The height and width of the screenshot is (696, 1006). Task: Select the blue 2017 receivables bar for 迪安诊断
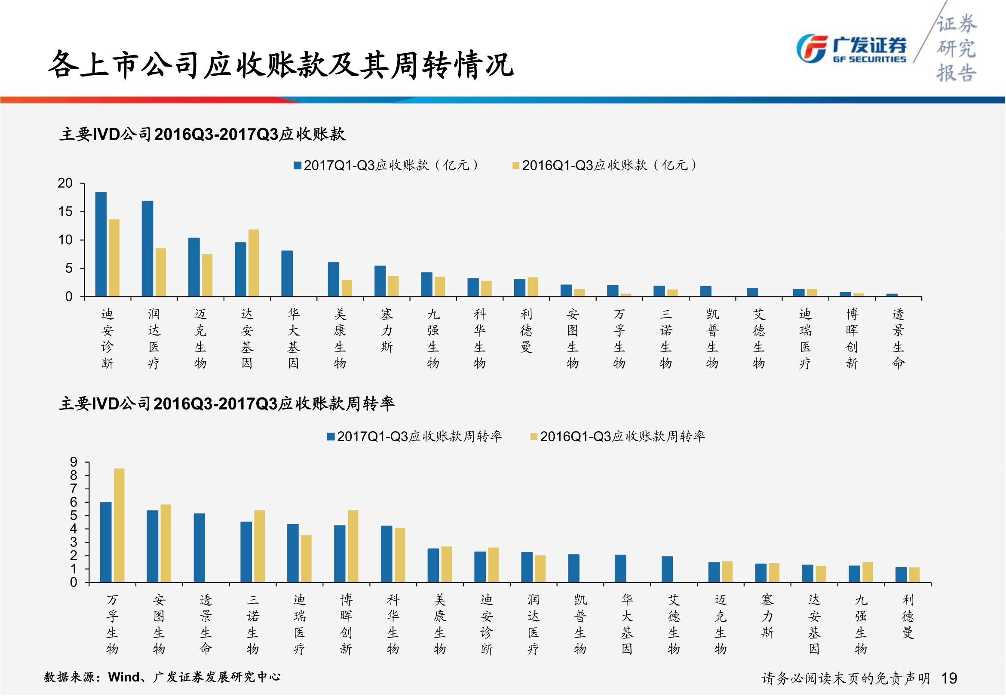pos(101,244)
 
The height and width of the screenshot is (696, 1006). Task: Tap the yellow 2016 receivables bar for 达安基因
pos(254,263)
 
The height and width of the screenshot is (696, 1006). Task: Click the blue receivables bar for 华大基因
pos(287,273)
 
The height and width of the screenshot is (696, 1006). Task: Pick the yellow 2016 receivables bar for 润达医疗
pos(160,272)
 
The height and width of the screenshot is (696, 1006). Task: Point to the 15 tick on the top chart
pos(65,212)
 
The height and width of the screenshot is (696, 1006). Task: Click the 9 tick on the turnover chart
pos(74,462)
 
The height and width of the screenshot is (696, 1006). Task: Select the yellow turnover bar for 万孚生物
pos(119,525)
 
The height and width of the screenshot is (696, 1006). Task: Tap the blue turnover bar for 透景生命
pos(199,548)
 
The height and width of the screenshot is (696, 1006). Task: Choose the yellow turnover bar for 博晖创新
pos(353,546)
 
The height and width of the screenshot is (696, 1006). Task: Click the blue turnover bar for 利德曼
pos(901,574)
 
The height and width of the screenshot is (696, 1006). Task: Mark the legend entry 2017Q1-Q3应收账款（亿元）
pos(386,165)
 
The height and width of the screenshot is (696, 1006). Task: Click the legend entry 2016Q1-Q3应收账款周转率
pos(617,437)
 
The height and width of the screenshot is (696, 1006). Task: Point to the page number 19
pos(949,678)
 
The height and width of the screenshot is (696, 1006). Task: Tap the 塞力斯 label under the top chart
pos(386,330)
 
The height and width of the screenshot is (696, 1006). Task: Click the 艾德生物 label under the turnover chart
pos(674,625)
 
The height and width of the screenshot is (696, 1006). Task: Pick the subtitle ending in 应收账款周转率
pos(227,403)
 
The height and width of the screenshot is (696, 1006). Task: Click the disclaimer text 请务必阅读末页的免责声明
pos(846,678)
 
